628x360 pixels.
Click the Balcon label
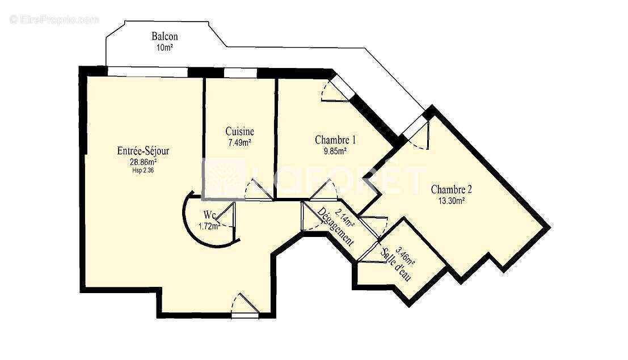point(164,37)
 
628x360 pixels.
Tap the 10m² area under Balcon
point(164,48)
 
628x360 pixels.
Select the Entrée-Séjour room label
point(143,151)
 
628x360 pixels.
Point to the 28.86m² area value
point(143,162)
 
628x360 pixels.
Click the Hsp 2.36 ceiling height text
point(143,170)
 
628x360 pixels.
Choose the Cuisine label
point(239,132)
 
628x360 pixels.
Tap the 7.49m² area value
point(239,143)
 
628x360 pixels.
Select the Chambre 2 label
point(452,189)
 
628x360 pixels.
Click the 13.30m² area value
point(452,200)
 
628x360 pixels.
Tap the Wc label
point(209,215)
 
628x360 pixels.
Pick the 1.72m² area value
point(209,226)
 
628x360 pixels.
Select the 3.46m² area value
point(406,256)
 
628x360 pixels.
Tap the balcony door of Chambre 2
point(418,129)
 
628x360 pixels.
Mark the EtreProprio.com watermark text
point(54,20)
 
